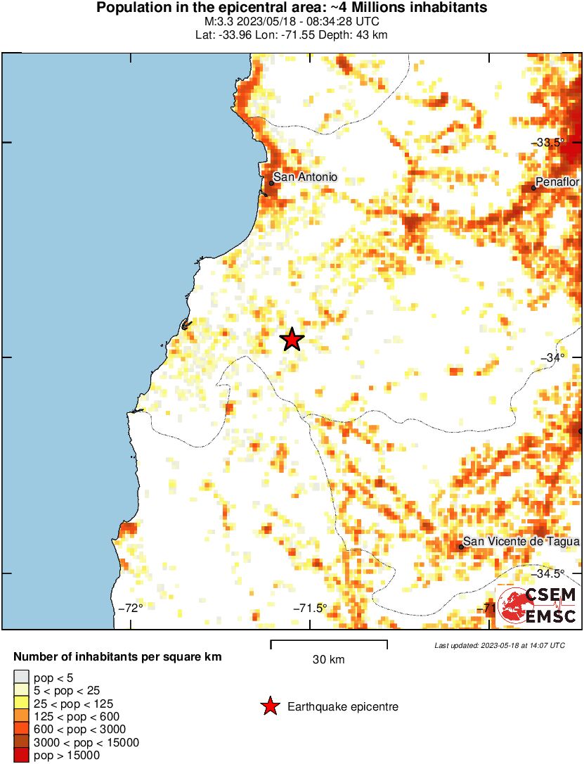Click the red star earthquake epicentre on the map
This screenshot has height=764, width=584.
pos(292,340)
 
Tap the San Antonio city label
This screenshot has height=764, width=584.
pos(305,177)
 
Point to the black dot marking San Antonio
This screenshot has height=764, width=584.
pos(271,183)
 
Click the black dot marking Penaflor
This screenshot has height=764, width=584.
pos(534,188)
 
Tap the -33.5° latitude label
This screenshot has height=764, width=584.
pos(551,142)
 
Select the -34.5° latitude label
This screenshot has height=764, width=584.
pos(551,573)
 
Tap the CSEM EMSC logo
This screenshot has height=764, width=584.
pos(538,606)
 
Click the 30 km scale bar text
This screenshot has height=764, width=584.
pos(328,659)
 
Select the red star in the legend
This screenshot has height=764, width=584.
pos(270,706)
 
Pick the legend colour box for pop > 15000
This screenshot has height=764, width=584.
pos(20,756)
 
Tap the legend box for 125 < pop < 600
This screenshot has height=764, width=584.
pos(20,717)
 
